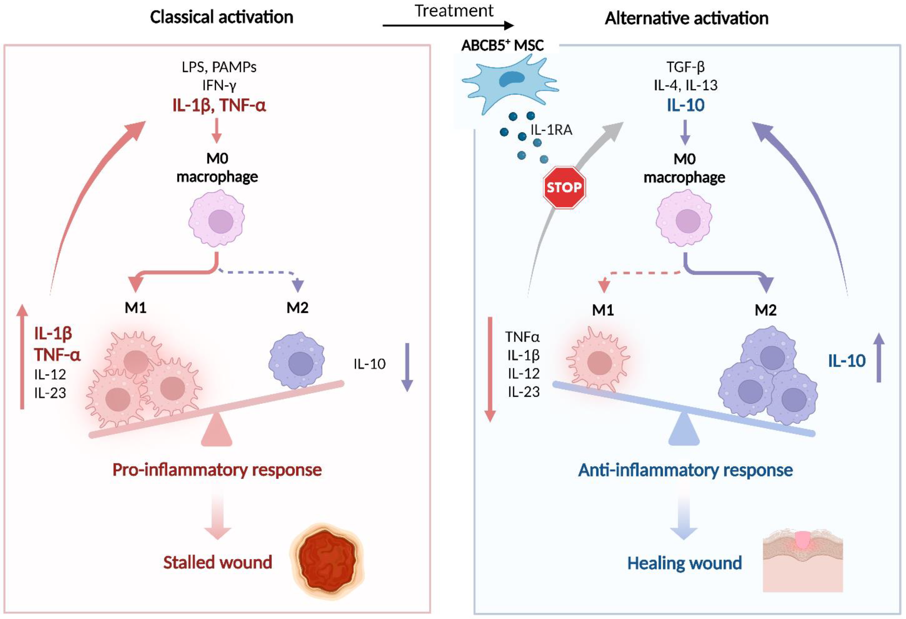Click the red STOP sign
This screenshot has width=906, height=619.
point(564,187)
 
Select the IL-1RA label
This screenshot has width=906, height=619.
point(551,130)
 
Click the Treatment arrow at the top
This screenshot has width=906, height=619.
point(448,25)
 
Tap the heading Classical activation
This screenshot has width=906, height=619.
point(221,17)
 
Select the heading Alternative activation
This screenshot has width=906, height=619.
point(687,18)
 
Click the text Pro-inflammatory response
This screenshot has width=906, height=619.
point(217,470)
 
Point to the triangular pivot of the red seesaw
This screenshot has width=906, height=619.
point(217,431)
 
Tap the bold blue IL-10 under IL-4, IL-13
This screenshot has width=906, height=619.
point(686,105)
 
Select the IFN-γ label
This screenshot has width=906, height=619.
point(219,85)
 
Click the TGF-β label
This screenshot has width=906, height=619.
point(686,67)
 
